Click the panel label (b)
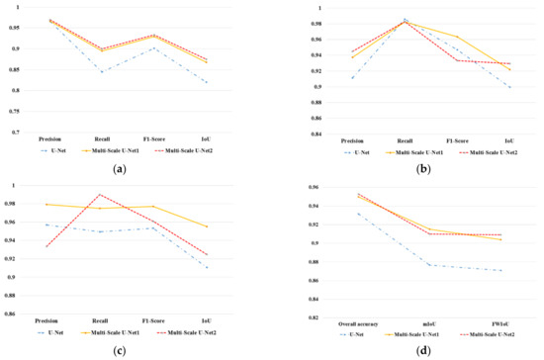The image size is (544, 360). click(x=408, y=169)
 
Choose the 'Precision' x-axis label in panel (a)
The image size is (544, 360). click(x=50, y=139)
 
